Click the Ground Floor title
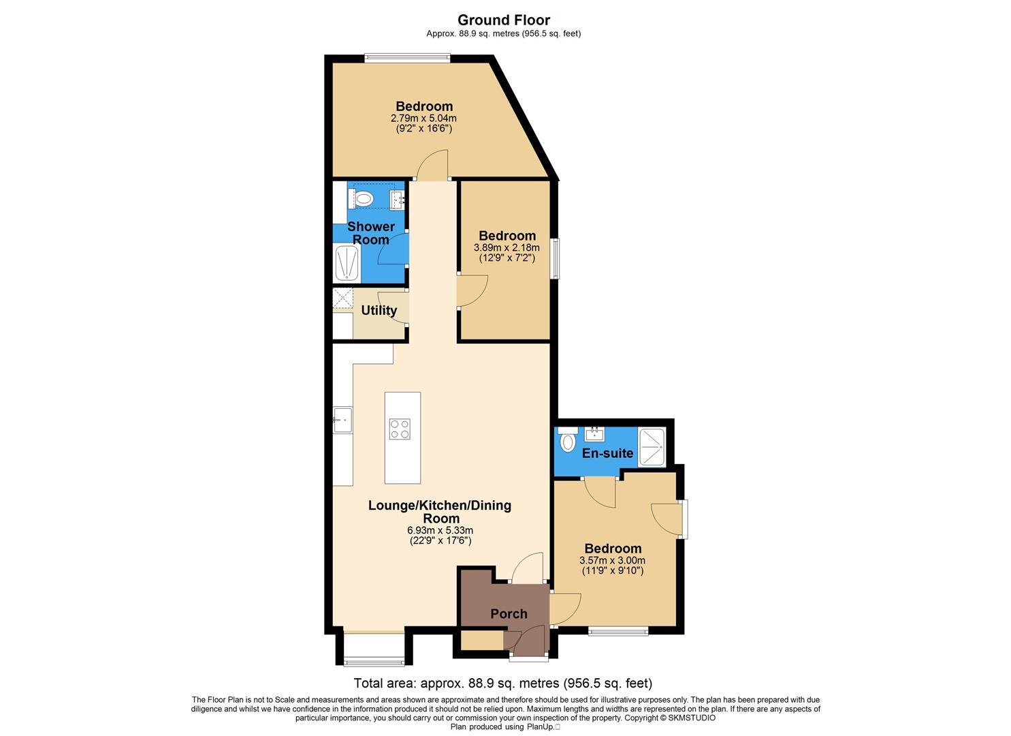pyautogui.click(x=503, y=20)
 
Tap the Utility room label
pyautogui.click(x=379, y=311)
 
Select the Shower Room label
pyautogui.click(x=371, y=232)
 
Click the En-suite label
pyautogui.click(x=607, y=453)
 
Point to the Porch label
pyautogui.click(x=509, y=614)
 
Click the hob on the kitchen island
pyautogui.click(x=400, y=429)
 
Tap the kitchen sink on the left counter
pyautogui.click(x=342, y=420)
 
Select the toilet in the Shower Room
pyautogui.click(x=364, y=199)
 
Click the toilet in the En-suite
pyautogui.click(x=567, y=442)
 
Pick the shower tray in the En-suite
pyautogui.click(x=652, y=447)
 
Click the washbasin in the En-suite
pyautogui.click(x=595, y=433)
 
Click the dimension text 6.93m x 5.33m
pyautogui.click(x=440, y=530)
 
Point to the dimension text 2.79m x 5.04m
pyautogui.click(x=423, y=118)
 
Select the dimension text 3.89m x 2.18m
pyautogui.click(x=507, y=248)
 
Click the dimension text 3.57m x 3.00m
pyautogui.click(x=612, y=560)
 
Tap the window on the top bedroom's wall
pyautogui.click(x=406, y=59)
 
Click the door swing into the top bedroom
pyautogui.click(x=433, y=167)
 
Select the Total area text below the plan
pyautogui.click(x=503, y=683)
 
